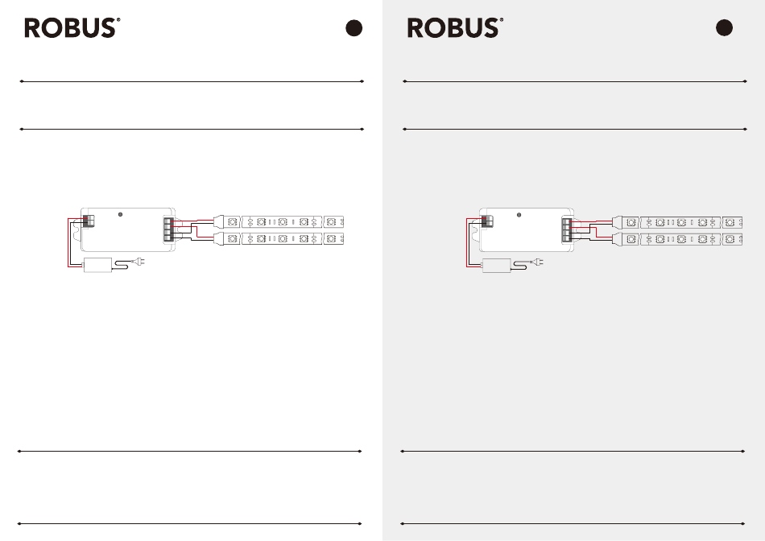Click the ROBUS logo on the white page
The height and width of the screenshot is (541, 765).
point(72,28)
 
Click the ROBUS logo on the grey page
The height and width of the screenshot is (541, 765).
point(455,28)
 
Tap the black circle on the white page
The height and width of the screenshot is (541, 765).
point(354,28)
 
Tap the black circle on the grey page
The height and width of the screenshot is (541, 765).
point(724,28)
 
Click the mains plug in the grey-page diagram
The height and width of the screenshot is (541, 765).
point(537,262)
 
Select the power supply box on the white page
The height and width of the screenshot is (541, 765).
point(97,265)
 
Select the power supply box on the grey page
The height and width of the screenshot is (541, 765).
point(496,266)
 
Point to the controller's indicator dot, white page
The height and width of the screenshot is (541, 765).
point(120,215)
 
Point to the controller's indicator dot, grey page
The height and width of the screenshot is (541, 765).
point(519,215)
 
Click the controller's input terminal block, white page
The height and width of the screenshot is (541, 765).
point(89,221)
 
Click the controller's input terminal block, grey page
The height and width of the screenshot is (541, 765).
point(487,221)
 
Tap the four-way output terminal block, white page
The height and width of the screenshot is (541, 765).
point(168,229)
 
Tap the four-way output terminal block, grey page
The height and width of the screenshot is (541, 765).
point(567,229)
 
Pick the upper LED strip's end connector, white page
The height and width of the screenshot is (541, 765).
point(219,222)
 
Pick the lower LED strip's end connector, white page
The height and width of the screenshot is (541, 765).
point(219,238)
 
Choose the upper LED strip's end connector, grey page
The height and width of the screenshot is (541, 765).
point(618,222)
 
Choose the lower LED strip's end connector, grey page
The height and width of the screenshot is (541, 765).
point(618,239)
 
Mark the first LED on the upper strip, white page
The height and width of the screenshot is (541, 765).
point(233,222)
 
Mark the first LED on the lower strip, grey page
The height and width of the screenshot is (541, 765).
point(631,239)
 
